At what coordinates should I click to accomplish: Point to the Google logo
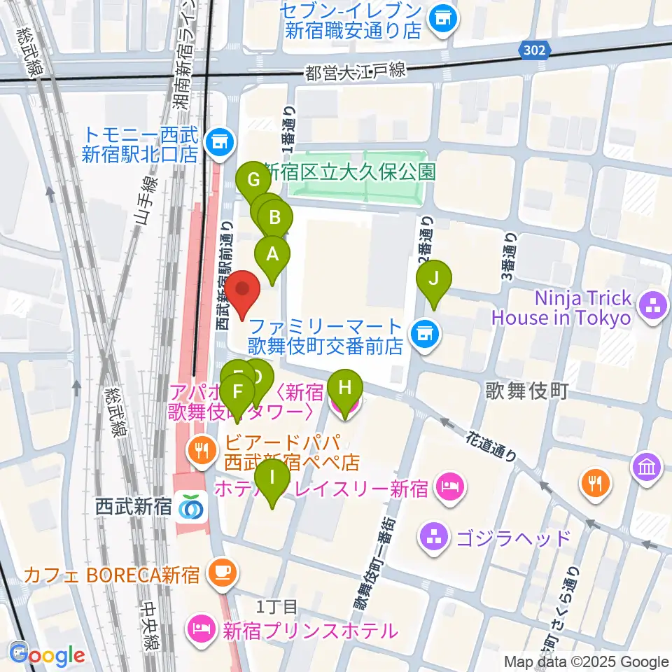click(47, 655)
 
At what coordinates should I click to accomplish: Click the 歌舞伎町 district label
click(527, 391)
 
